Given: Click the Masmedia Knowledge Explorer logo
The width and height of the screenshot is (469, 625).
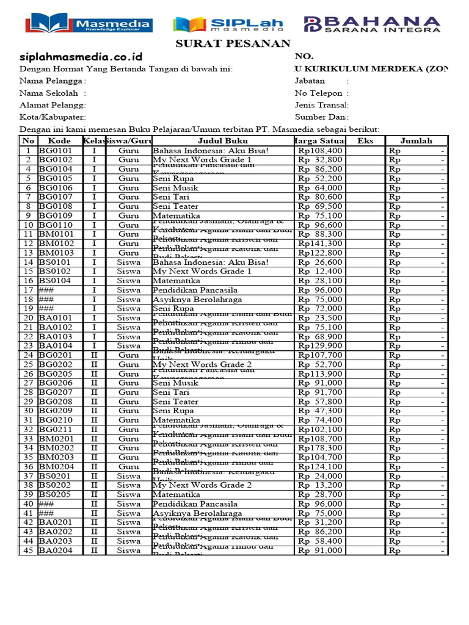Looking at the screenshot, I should (x=89, y=24).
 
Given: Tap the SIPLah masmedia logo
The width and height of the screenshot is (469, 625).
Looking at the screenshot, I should (x=228, y=24).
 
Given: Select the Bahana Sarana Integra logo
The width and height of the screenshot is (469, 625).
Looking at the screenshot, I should (x=372, y=24).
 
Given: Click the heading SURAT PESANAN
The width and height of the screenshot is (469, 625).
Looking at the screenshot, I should (x=225, y=43).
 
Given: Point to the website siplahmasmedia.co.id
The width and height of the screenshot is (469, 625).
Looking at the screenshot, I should (x=76, y=56).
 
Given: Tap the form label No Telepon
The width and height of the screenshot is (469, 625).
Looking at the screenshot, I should (x=321, y=93).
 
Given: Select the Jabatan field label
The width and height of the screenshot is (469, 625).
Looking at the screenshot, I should (x=310, y=81).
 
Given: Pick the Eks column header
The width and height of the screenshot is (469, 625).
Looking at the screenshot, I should (x=365, y=141).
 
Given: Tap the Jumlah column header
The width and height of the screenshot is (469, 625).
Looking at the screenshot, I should (x=416, y=141).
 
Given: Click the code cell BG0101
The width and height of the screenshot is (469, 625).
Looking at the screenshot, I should (x=56, y=150).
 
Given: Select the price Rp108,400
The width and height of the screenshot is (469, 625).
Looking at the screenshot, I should (x=320, y=150).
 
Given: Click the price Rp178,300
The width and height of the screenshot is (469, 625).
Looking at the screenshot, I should (x=320, y=448).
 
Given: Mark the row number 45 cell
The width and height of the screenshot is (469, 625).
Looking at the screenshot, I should (x=28, y=551).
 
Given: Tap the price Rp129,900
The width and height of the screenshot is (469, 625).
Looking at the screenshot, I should (x=320, y=345).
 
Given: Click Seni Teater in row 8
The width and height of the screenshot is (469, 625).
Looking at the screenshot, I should (x=175, y=206).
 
